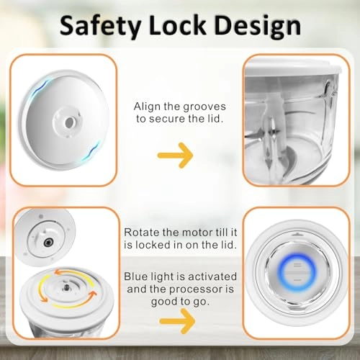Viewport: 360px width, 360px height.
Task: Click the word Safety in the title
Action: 100,26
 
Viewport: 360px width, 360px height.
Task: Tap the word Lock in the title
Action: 177,24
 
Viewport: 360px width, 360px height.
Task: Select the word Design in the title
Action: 257,27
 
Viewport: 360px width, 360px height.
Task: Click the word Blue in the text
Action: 135,276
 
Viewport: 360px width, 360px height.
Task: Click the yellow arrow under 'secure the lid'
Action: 176,156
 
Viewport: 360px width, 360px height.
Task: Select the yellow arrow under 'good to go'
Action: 177,321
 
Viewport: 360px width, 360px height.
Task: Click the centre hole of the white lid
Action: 69,122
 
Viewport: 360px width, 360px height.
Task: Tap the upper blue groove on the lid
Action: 42,89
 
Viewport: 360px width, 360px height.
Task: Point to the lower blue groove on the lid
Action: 91,151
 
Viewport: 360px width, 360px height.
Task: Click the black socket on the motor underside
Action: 48,243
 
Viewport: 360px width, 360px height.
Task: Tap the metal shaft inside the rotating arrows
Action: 66,287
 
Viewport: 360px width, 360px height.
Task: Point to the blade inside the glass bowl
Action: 271,135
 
